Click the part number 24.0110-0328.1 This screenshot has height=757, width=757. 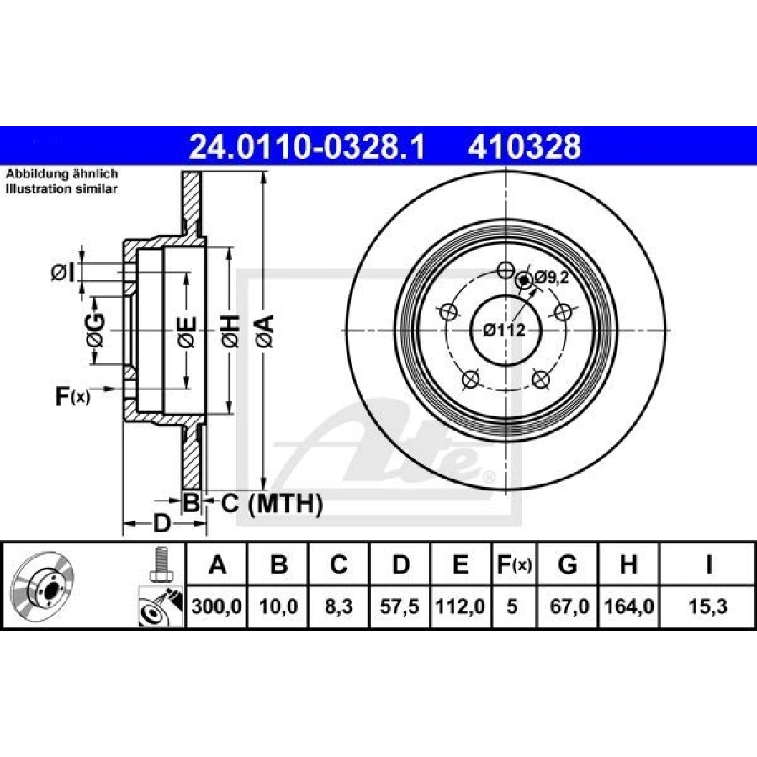coord(308,147)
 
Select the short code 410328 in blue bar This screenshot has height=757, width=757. coord(525,147)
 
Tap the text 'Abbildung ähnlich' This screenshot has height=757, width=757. coord(61,174)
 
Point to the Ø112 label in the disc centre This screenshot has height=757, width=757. coord(504,330)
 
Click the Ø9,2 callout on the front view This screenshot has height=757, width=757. coord(551,277)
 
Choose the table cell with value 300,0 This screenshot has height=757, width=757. coord(217,605)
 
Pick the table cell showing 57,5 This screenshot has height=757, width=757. coord(400,605)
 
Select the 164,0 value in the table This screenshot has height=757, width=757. coord(628,605)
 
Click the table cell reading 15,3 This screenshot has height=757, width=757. coord(708,605)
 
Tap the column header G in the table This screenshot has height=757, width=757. coord(568,565)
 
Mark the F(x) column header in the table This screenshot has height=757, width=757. coord(511,565)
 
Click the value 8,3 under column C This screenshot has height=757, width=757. coord(338,605)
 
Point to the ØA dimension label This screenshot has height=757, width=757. coord(264,331)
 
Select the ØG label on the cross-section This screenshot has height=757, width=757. coord(96,331)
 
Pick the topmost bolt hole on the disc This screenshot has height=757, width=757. coord(505,270)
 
